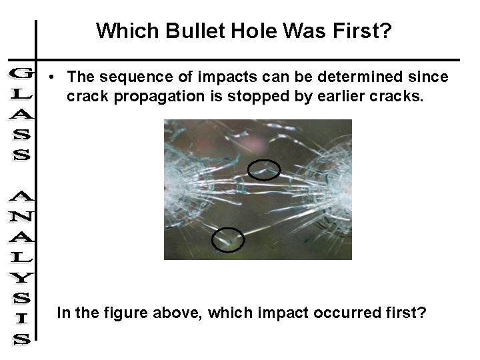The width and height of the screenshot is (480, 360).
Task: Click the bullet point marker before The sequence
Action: (x=51, y=78)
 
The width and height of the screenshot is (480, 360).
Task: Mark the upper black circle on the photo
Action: (x=264, y=171)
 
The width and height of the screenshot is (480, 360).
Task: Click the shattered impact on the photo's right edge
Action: (x=343, y=193)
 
